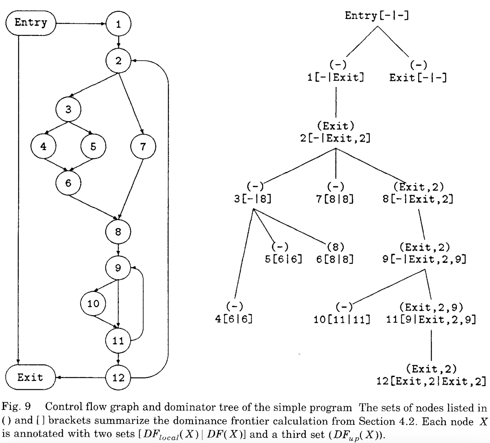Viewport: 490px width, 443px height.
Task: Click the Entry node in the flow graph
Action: (x=31, y=23)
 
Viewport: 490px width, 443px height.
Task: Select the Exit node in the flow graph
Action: (x=30, y=377)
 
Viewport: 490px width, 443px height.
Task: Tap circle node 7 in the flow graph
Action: (x=143, y=147)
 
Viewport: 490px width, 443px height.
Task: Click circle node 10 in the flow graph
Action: (x=93, y=304)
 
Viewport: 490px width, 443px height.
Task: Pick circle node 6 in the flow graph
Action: (x=68, y=183)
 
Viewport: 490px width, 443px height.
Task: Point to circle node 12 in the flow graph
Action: (x=118, y=378)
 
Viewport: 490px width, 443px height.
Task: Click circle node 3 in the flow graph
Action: (x=68, y=109)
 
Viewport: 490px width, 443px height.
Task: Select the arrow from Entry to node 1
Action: (x=81, y=24)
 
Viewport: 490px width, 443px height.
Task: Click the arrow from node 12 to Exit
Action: (x=80, y=378)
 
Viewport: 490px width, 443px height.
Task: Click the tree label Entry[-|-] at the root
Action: (x=377, y=16)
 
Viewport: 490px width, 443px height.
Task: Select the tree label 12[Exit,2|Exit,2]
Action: (x=431, y=381)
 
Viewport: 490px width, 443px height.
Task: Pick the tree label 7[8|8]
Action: (x=335, y=199)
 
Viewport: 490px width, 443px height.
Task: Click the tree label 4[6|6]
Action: (x=234, y=319)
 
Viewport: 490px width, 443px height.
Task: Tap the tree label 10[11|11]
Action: (x=342, y=319)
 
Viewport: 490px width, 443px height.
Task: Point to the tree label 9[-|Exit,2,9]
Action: (x=424, y=259)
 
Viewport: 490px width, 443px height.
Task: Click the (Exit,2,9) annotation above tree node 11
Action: (x=431, y=307)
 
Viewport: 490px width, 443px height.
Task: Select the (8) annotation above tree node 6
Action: (x=335, y=247)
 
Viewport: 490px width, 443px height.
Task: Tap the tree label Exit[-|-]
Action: (x=418, y=77)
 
